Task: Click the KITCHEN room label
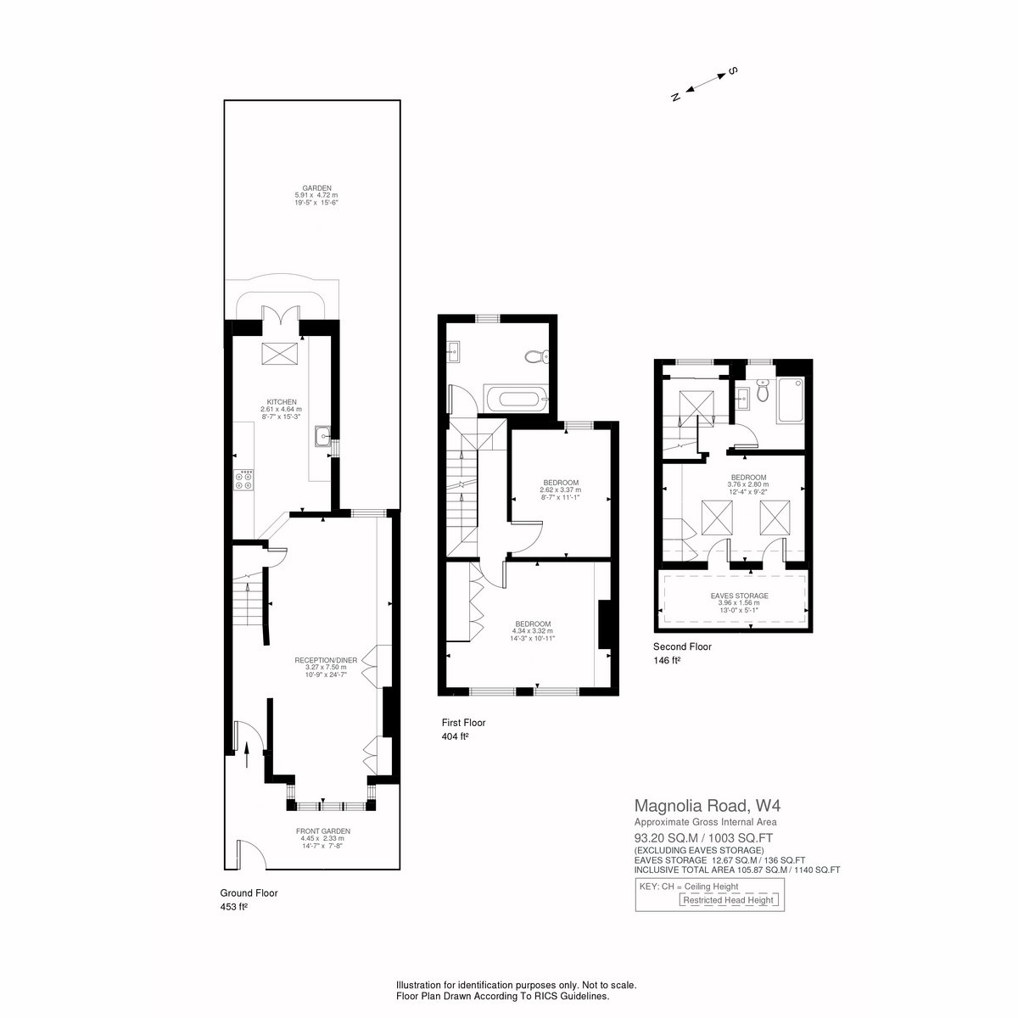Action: pos(281,402)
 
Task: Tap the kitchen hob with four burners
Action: pos(244,480)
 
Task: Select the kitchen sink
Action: pos(322,436)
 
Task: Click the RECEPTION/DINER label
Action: pos(326,660)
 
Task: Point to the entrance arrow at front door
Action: pos(247,755)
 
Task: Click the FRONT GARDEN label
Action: pos(322,831)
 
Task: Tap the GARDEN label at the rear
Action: pos(316,187)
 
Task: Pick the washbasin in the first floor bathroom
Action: pos(453,351)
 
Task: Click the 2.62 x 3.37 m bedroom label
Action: pos(561,489)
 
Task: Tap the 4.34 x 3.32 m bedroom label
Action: pos(533,631)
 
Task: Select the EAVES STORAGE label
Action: pos(739,596)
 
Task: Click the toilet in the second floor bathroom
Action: pos(763,391)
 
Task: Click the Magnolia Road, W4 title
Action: pos(707,806)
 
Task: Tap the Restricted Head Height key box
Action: pos(728,900)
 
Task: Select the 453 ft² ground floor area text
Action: pos(234,907)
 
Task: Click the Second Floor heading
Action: pos(682,646)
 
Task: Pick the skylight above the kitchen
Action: pos(279,353)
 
